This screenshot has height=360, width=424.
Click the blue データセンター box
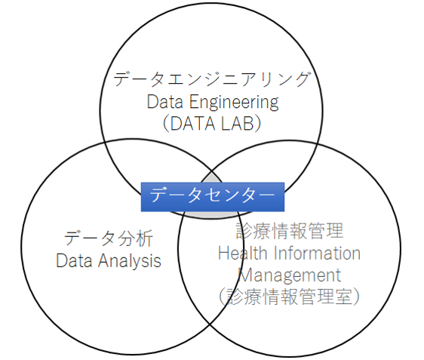pos(213,197)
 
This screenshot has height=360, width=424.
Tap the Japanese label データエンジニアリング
pos(211,79)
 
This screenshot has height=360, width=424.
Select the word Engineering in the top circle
pos(234,102)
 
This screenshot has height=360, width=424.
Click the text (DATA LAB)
pos(212,124)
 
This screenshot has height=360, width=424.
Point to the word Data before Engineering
pos(165,102)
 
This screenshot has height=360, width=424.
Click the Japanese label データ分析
pos(109,238)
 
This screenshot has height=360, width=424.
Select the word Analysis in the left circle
pos(130,261)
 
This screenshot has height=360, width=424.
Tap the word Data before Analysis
pos(74,260)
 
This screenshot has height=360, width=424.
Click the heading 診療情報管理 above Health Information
pos(290,231)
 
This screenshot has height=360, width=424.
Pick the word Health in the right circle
pos(243,253)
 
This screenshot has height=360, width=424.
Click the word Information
pos(317,253)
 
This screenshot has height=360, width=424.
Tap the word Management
pos(290,275)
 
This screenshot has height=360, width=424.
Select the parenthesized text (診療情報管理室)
pos(290,297)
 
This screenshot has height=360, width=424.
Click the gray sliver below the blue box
pos(212,214)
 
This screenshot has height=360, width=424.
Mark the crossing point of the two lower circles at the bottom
pos(210,324)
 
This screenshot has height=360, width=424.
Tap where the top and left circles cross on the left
pos(105,143)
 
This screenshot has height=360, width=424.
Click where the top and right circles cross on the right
pos(318,143)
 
